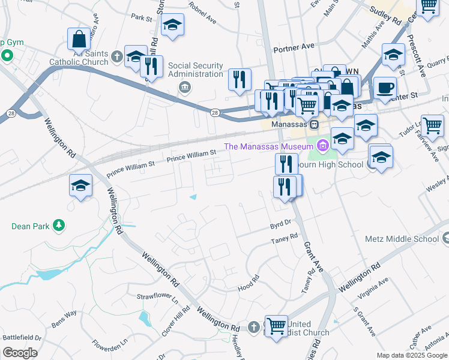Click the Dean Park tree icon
coord(58,226)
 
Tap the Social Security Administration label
coord(196,70)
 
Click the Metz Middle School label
coord(402,239)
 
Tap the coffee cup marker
coord(385,88)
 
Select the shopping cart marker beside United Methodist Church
coord(276,326)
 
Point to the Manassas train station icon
coord(313,124)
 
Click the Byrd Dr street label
coord(280,223)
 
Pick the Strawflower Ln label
coord(158,296)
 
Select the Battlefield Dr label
coord(21,338)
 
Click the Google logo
coord(20,353)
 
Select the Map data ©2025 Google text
coord(411,355)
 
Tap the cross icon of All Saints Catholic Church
coord(116,58)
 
